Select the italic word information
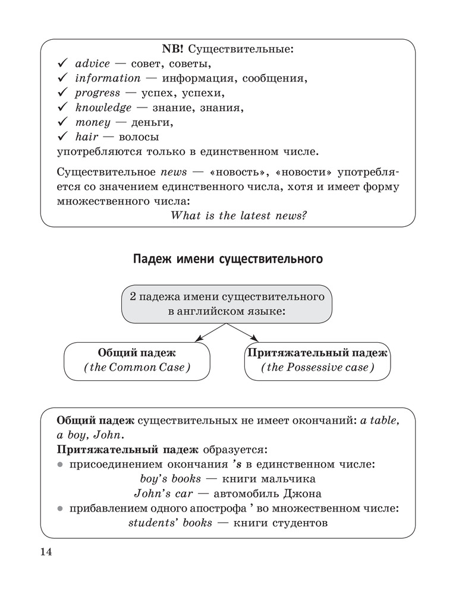tap(108, 78)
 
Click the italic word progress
tap(98, 93)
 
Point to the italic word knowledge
tap(103, 108)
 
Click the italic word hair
tap(87, 137)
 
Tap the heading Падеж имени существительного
tap(228, 260)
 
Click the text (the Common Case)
tap(137, 367)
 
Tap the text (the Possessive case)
tap(317, 367)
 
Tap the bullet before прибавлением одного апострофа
tap(61, 508)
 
